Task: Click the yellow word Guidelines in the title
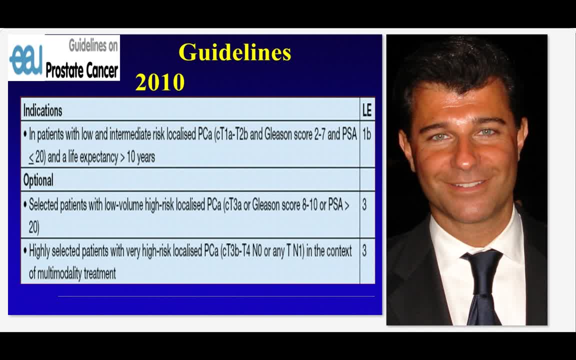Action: tap(234, 52)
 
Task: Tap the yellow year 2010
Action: tap(160, 82)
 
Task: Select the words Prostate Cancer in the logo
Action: tap(82, 70)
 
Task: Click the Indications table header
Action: tap(43, 110)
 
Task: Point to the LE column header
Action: tap(367, 110)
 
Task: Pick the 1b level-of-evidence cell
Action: tap(366, 134)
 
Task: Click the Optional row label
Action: tap(38, 180)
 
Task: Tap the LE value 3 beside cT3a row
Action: tap(364, 205)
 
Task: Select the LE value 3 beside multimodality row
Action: tap(364, 250)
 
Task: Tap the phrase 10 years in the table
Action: tap(140, 157)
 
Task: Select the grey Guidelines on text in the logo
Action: tap(93, 46)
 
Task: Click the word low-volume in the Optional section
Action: tap(123, 205)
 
